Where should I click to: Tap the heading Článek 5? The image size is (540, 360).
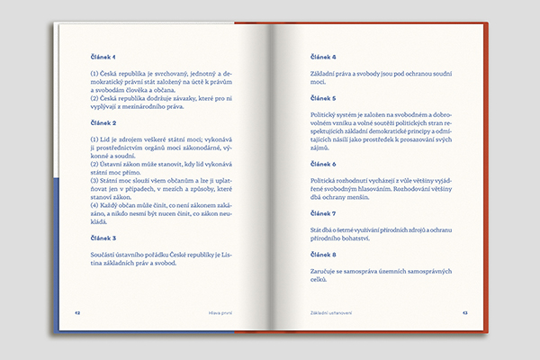pos(322,97)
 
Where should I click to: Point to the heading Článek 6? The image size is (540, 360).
pos(322,164)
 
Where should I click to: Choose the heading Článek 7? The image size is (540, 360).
pos(322,213)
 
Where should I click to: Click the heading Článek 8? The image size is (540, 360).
pos(322,254)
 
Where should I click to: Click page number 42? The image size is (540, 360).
pos(78,312)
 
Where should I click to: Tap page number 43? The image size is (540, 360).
pos(465,312)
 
